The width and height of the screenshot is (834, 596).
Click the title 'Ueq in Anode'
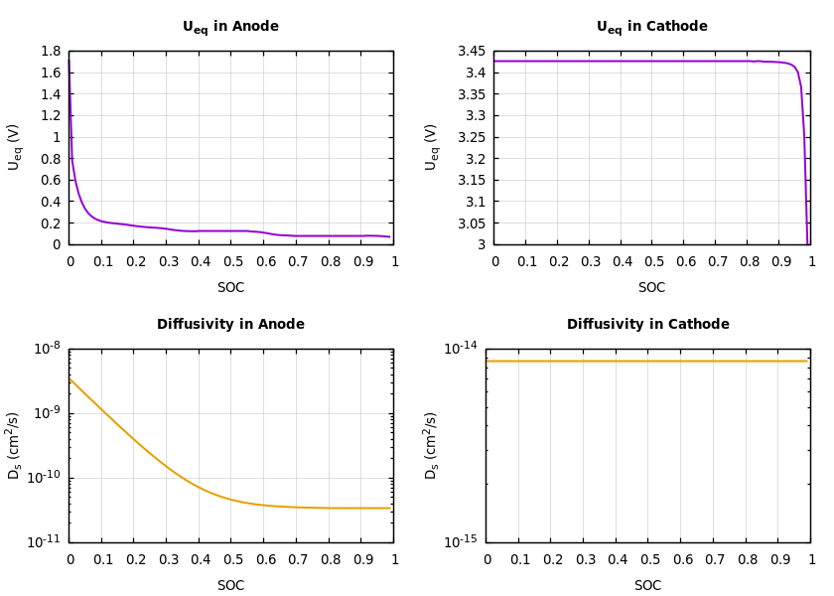tap(230, 27)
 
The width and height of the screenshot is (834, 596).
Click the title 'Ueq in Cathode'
tap(651, 27)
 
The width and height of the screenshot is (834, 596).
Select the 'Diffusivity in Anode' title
tap(230, 325)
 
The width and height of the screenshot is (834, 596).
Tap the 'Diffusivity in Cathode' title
tap(647, 325)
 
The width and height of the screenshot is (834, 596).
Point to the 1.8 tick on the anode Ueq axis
tap(50, 52)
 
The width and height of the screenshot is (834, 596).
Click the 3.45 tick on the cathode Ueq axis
tap(472, 52)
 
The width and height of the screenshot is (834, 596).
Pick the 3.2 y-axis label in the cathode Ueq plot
tap(476, 159)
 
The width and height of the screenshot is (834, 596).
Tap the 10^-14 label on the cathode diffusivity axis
tap(461, 348)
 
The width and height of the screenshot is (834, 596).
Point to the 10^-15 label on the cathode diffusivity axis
tap(461, 541)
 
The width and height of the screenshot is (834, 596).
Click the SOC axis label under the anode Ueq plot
tap(230, 288)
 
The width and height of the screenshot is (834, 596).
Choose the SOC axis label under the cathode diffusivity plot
tap(647, 586)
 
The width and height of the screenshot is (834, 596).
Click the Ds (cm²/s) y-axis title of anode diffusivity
tap(15, 445)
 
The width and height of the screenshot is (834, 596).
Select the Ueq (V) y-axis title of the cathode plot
tap(432, 147)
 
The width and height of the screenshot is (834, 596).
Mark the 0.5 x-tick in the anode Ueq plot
tap(231, 262)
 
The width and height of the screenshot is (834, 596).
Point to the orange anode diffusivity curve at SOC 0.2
tap(134, 437)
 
